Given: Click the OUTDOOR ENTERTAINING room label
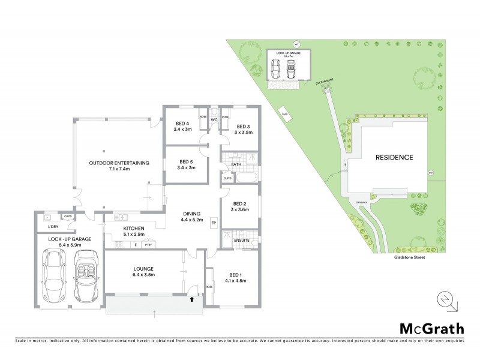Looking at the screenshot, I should (x=118, y=163).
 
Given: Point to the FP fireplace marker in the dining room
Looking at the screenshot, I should (x=213, y=224).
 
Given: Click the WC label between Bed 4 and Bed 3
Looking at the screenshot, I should (x=213, y=120).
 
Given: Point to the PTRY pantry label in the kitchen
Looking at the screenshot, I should (x=148, y=245).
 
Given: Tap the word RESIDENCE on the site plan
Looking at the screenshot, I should (x=394, y=158).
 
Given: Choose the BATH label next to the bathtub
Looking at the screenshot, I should (x=235, y=164).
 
